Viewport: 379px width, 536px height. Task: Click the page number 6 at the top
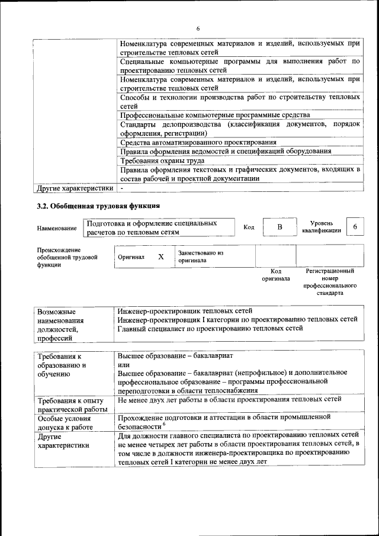pyautogui.click(x=198, y=28)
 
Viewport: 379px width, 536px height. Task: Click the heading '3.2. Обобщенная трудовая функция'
pyautogui.click(x=98, y=206)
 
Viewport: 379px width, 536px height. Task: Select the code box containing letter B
pyautogui.click(x=280, y=227)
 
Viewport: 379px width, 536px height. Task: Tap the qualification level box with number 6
pyautogui.click(x=355, y=227)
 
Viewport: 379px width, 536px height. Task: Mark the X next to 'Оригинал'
pyautogui.click(x=160, y=256)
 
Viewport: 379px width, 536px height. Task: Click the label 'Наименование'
pyautogui.click(x=57, y=228)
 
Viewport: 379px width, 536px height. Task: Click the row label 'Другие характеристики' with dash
pyautogui.click(x=75, y=188)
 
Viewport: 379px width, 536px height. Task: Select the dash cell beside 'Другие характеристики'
pyautogui.click(x=122, y=188)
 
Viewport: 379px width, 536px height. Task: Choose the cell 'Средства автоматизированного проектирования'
pyautogui.click(x=198, y=142)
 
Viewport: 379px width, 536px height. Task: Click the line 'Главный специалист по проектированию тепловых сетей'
pyautogui.click(x=214, y=329)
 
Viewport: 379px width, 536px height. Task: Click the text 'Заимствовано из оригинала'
pyautogui.click(x=201, y=256)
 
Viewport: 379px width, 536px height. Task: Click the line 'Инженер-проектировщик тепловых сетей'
pyautogui.click(x=185, y=310)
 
